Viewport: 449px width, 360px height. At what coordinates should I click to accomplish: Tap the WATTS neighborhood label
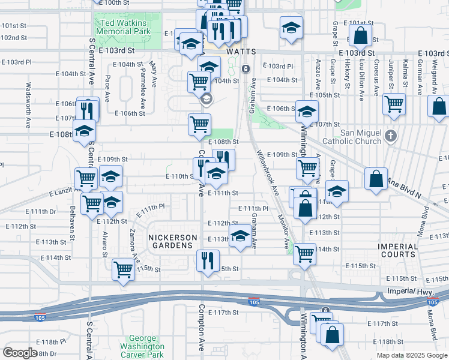pyautogui.click(x=241, y=52)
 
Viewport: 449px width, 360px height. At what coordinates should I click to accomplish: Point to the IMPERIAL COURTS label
pyautogui.click(x=397, y=250)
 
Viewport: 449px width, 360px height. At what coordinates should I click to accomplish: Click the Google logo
pyautogui.click(x=20, y=353)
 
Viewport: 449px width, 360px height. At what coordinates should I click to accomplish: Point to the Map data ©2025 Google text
pyautogui.click(x=411, y=355)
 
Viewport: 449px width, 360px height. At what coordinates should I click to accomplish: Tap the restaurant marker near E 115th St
pyautogui.click(x=208, y=261)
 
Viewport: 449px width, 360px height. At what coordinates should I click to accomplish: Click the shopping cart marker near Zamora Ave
pyautogui.click(x=123, y=269)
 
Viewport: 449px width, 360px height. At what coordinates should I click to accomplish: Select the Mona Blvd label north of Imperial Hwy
pyautogui.click(x=425, y=220)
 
